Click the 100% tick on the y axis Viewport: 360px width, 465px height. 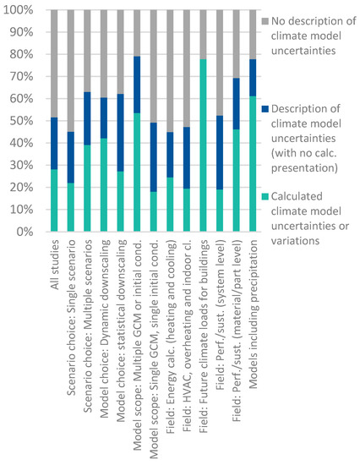pyautogui.click(x=18, y=11)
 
